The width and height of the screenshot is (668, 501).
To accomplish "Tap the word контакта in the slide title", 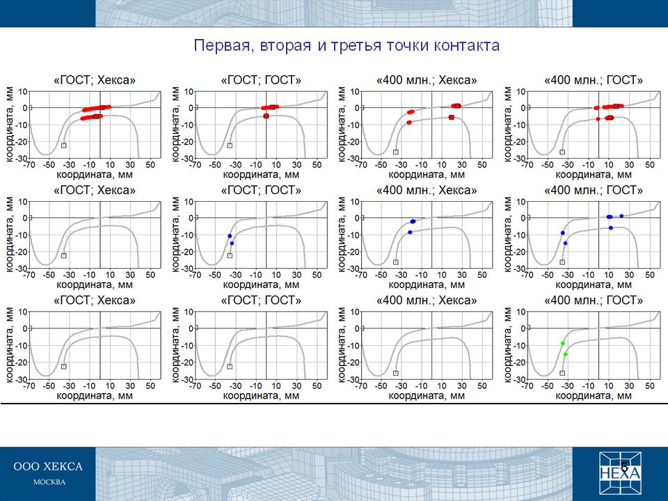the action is [x=467, y=45].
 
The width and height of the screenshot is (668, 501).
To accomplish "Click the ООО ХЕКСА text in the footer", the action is [x=48, y=466].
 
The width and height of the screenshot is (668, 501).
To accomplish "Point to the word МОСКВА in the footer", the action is [x=49, y=482].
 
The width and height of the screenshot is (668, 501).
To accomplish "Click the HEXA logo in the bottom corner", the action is [x=620, y=473].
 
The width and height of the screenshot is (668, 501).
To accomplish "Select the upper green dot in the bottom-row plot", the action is [x=563, y=343].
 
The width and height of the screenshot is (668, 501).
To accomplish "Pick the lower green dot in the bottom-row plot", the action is [x=565, y=354].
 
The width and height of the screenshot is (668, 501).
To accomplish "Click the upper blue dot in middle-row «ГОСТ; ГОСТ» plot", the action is [x=230, y=236].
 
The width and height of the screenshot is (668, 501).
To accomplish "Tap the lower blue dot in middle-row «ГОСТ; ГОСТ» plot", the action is [x=232, y=244].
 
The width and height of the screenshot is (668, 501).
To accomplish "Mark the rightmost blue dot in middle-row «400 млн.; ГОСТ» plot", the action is [x=621, y=216].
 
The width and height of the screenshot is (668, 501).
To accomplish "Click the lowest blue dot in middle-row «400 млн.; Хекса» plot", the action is [x=410, y=232].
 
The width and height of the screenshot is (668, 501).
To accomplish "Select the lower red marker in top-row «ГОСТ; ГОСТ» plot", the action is [x=266, y=116].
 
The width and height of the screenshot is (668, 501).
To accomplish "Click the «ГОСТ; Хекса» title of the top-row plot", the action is [x=95, y=80].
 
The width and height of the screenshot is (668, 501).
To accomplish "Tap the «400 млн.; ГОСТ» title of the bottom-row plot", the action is [x=594, y=301].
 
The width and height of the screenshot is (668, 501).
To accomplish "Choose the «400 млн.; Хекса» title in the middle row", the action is [x=427, y=190].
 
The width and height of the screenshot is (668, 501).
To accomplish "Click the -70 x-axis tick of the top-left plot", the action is [x=29, y=165].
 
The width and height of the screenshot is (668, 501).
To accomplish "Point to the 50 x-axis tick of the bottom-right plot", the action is [x=649, y=386].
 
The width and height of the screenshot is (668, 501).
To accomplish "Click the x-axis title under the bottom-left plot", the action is [x=95, y=396].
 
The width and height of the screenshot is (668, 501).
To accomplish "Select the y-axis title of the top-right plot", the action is [x=508, y=125].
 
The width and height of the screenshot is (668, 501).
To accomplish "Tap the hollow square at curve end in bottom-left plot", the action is [x=63, y=367].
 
